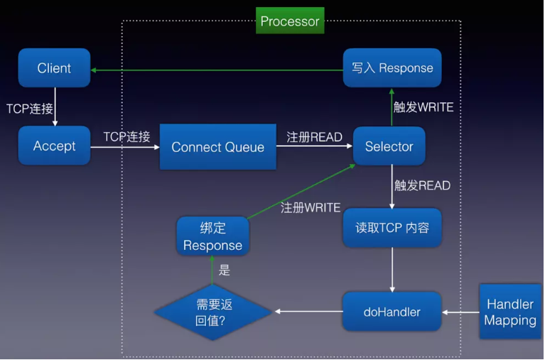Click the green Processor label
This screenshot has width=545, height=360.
pos(290,21)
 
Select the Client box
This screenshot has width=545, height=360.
pos(54,67)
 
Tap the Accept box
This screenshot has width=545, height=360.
pos(54,146)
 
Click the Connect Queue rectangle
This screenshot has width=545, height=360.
pos(218,147)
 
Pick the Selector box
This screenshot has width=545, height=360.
pos(389,146)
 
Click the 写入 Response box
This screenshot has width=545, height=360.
pos(392,67)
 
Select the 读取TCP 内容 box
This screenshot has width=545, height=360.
pos(392,228)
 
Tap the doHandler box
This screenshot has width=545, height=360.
pos(392,312)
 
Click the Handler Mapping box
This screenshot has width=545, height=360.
pos(510,312)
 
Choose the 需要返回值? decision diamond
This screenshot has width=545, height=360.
pos(212,312)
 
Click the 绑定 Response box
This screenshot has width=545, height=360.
pos(212,236)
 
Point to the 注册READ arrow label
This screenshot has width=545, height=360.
pos(314,137)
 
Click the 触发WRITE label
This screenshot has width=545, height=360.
pos(423,107)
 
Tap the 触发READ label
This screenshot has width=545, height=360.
pos(422,185)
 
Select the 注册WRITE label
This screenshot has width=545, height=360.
pos(311,208)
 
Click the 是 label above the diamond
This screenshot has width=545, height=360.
pos(225,270)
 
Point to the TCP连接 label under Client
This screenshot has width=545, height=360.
pos(30,109)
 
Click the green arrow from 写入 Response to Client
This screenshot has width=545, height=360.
pos(217,70)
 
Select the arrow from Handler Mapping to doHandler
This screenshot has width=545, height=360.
pos(461,312)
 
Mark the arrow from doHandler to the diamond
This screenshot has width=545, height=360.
pos(308,311)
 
